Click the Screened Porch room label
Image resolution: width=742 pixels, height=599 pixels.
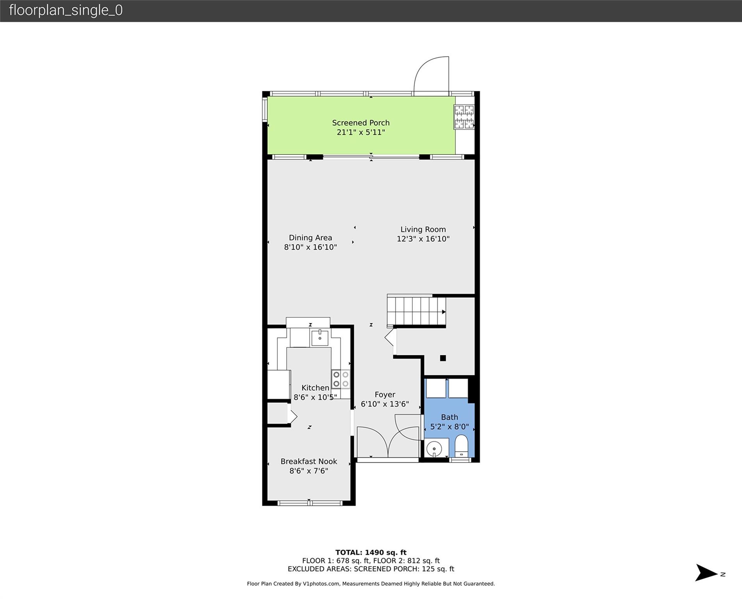click(361, 123)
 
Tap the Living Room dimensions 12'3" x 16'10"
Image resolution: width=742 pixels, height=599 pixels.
click(423, 239)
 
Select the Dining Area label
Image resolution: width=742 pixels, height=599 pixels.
click(310, 237)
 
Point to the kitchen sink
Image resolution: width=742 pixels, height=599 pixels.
click(320, 337)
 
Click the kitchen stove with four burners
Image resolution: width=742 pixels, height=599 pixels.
click(341, 379)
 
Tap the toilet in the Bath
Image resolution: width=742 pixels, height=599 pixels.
click(461, 446)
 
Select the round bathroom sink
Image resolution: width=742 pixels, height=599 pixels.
click(434, 449)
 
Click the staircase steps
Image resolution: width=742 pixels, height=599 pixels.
click(416, 311)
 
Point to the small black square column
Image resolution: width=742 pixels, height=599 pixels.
click(443, 358)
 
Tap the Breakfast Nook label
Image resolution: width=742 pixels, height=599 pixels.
click(309, 461)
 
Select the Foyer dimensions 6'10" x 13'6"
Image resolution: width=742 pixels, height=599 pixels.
click(385, 404)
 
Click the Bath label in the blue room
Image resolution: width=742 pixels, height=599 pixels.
click(449, 417)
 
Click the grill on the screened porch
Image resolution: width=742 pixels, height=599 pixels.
click(464, 117)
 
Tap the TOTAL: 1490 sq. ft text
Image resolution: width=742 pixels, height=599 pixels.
click(371, 552)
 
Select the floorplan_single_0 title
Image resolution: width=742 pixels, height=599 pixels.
click(66, 10)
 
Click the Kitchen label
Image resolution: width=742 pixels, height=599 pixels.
click(315, 388)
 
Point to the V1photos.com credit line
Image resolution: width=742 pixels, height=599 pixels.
click(371, 584)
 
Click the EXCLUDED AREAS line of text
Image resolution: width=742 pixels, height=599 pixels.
click(371, 569)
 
